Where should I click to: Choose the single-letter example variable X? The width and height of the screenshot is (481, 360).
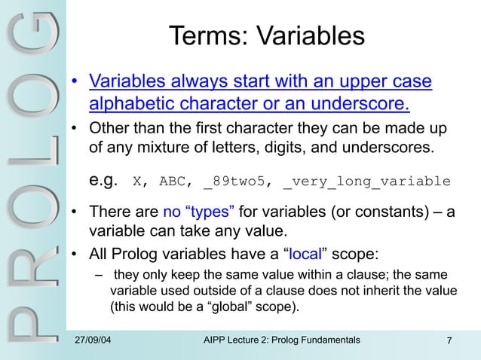coord(141,182)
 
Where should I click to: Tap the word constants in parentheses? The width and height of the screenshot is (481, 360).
coord(364,212)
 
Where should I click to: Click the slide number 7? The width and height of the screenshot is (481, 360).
coord(449,343)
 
